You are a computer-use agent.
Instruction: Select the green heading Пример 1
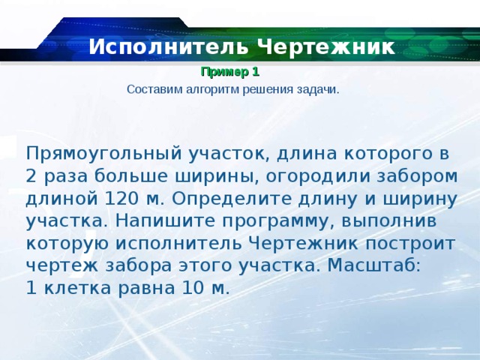229,73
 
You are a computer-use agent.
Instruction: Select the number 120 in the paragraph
121,199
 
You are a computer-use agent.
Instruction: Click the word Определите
226,199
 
